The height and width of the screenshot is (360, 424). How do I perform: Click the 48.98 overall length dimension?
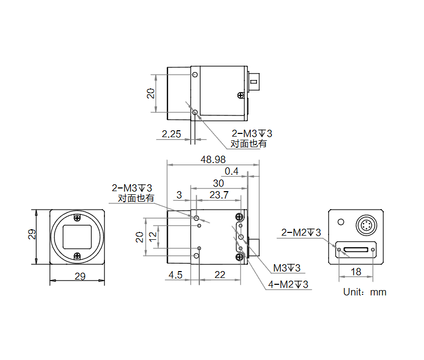(214, 159)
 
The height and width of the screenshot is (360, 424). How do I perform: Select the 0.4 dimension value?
(232, 171)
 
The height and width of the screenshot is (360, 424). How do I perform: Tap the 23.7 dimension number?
(218, 195)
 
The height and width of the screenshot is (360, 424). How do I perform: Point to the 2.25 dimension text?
(172, 134)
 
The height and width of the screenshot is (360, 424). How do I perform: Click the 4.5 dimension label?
(175, 274)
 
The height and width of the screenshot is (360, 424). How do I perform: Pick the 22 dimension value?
(219, 274)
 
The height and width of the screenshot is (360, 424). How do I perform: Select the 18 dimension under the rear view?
(356, 272)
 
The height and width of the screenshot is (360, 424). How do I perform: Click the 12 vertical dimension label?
(153, 237)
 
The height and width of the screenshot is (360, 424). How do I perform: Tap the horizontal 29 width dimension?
(79, 276)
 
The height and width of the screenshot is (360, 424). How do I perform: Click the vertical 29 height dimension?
(32, 235)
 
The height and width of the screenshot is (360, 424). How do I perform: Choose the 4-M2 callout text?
(288, 284)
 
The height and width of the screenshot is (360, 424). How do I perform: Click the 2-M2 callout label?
(301, 232)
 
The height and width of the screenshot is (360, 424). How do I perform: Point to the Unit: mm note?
(365, 292)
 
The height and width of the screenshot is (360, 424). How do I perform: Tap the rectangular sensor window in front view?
(78, 236)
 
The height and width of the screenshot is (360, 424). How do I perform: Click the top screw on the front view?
(78, 218)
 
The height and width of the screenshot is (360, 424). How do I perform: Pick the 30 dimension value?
(218, 183)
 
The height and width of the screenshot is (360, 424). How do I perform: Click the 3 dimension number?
(179, 195)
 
